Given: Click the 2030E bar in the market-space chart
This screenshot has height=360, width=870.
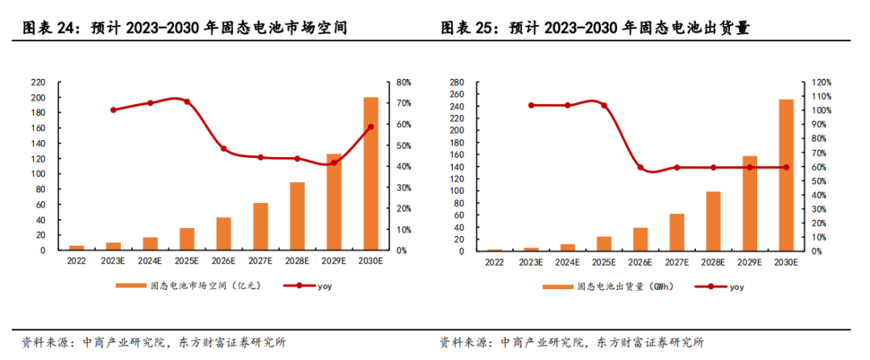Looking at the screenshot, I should [x=371, y=173].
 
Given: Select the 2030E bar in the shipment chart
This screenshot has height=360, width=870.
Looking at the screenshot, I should [x=785, y=175].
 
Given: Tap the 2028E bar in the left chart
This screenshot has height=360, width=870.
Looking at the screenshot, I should [x=297, y=216].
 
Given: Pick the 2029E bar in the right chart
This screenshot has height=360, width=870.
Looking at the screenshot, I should [x=749, y=203].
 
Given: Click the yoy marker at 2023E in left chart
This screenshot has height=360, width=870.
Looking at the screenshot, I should [x=114, y=110].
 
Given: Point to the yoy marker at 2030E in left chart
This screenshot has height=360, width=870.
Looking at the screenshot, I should [x=371, y=127].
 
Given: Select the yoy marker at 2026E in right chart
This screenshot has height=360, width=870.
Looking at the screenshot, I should [x=640, y=168].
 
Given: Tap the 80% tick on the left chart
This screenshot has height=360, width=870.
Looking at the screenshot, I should [x=404, y=82].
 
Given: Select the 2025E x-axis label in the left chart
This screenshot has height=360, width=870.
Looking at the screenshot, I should [x=187, y=263].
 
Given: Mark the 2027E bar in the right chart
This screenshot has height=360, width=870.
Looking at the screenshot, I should [x=677, y=232].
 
